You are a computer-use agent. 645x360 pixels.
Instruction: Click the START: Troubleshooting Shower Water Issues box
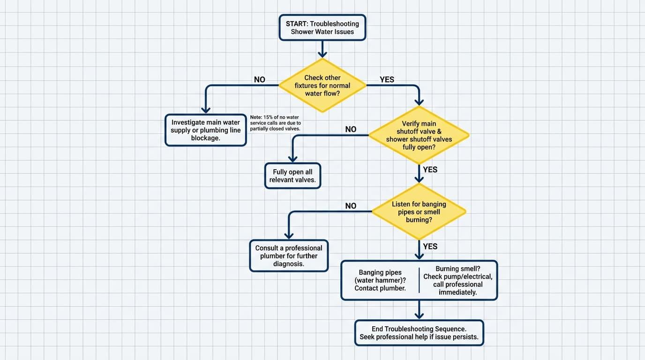point(322,28)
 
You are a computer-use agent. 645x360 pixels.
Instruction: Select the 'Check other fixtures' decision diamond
point(322,85)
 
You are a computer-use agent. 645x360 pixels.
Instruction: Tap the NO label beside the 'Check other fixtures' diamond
point(259,80)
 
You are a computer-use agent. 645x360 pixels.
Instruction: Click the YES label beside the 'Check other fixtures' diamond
point(387,80)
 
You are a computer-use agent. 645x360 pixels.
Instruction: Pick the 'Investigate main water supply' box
point(205,130)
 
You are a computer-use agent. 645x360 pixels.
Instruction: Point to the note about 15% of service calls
point(276,123)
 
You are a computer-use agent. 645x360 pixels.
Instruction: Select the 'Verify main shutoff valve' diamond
point(419,135)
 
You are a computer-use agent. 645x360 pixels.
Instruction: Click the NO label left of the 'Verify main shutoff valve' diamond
point(351,129)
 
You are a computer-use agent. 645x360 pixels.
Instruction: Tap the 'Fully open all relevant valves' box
point(292,176)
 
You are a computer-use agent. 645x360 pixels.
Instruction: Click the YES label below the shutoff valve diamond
point(430,170)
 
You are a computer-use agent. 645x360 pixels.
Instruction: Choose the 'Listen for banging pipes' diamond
point(419,212)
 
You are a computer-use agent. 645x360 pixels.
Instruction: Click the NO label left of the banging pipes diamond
point(351,206)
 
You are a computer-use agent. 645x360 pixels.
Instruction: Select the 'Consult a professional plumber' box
point(289,256)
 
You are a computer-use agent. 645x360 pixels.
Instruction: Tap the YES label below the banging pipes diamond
point(430,247)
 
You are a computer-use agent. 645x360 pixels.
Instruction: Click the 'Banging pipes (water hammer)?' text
point(380,280)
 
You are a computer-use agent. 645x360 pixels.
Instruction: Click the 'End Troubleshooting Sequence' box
point(419,333)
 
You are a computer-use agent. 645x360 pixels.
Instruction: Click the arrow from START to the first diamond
point(322,49)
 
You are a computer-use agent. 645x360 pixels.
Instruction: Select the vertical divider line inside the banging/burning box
point(419,280)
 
